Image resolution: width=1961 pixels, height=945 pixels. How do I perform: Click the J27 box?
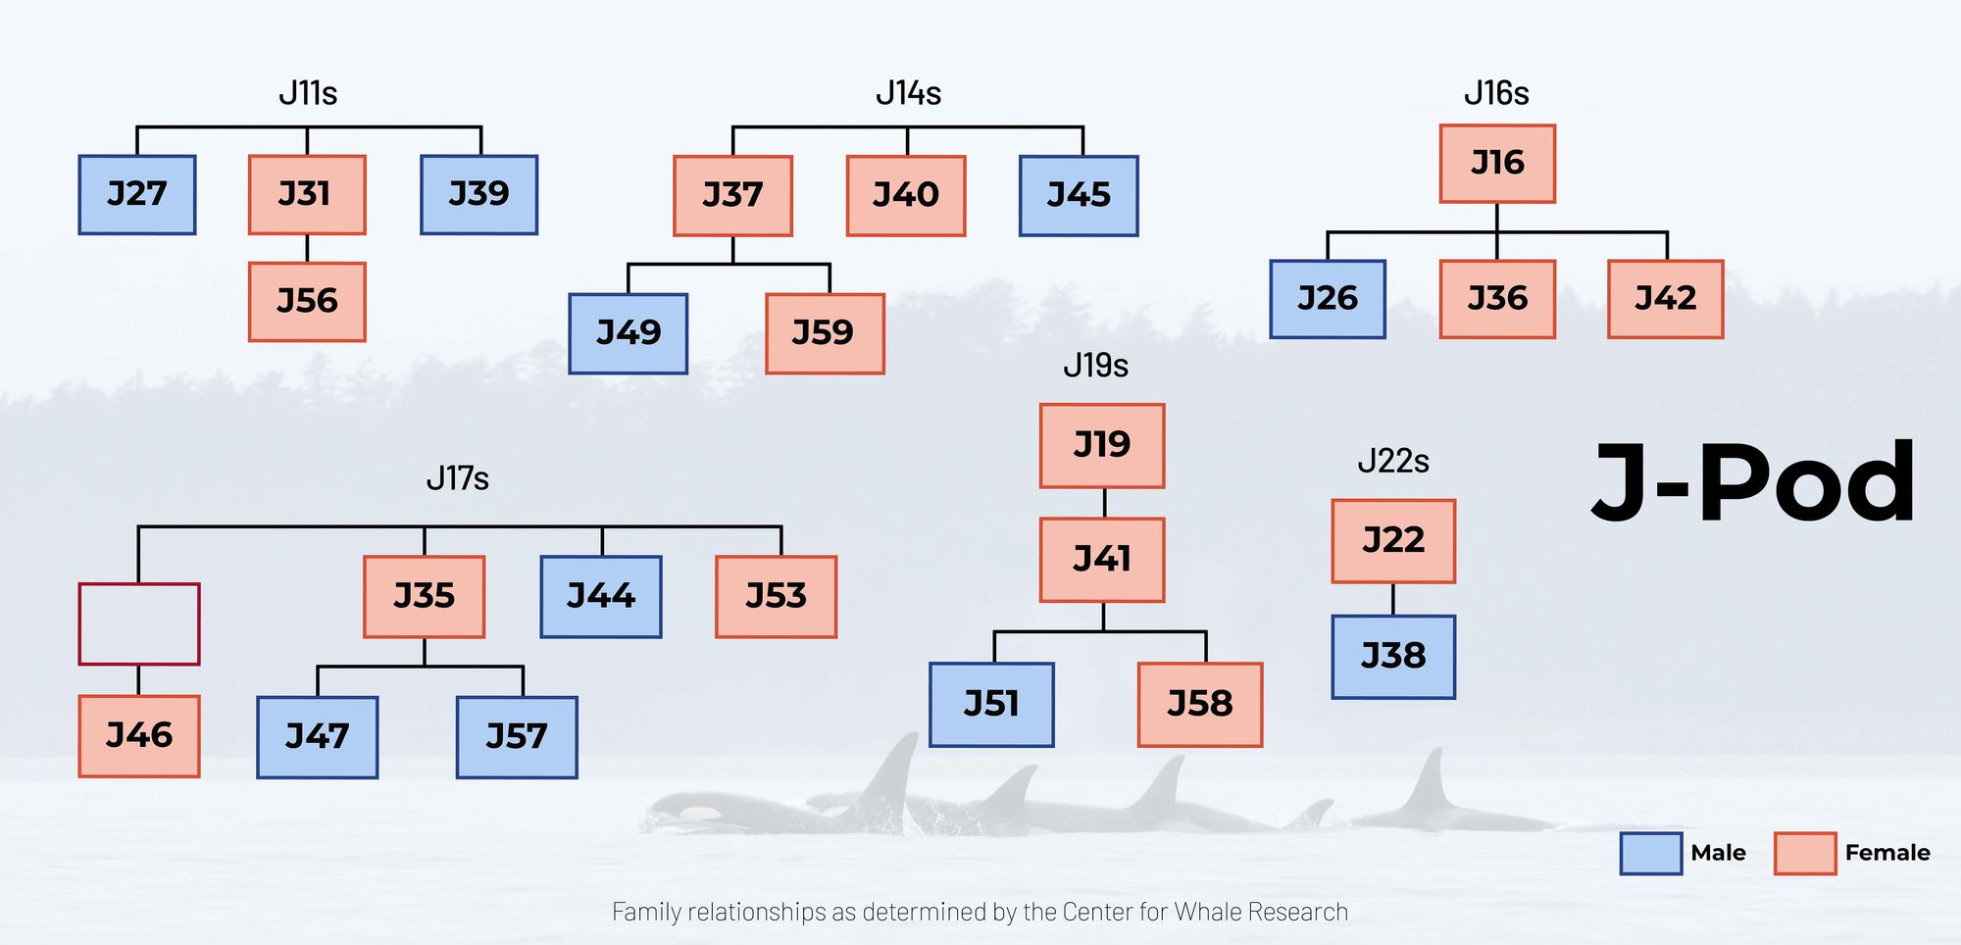(137, 194)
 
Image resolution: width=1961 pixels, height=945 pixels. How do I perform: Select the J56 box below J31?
(307, 301)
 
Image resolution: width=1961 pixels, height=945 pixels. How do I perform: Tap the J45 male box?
(1079, 195)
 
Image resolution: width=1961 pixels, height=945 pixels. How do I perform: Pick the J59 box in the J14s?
(825, 333)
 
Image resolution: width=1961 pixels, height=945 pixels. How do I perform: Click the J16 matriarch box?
(1497, 163)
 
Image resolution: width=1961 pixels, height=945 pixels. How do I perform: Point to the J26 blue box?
(1328, 299)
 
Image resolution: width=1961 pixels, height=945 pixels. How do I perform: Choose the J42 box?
(1665, 299)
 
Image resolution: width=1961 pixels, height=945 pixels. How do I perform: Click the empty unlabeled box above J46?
(139, 623)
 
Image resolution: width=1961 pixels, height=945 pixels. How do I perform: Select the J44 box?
(601, 596)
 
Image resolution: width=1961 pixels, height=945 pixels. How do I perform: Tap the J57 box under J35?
(517, 737)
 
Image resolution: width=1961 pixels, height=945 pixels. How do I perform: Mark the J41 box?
(1102, 560)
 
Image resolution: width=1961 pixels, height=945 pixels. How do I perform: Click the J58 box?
(1200, 705)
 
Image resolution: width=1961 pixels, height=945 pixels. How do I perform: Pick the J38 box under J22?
(1393, 657)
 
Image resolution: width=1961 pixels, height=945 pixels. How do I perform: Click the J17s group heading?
(457, 478)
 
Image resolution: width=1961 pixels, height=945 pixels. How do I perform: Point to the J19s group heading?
(1095, 366)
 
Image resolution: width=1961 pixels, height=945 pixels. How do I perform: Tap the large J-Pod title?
(1753, 483)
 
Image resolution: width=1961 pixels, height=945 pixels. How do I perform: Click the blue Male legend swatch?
(1650, 853)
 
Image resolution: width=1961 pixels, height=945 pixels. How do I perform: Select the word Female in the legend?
(1886, 853)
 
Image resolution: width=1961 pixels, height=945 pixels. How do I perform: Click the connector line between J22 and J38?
(1393, 599)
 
